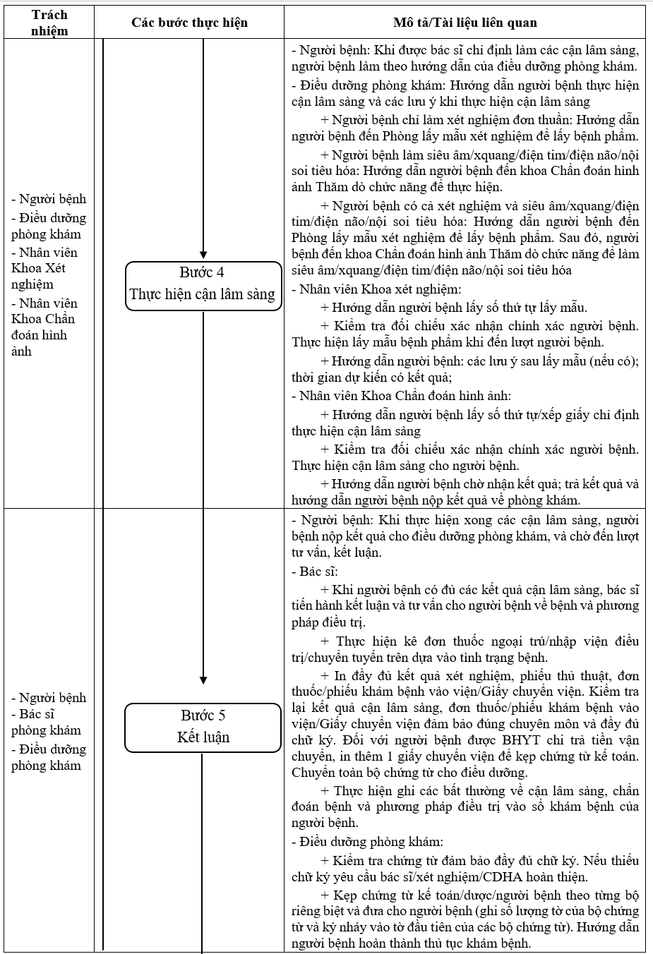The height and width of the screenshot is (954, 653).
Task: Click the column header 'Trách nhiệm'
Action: click(x=49, y=23)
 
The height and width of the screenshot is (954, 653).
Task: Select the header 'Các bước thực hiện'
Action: click(x=189, y=23)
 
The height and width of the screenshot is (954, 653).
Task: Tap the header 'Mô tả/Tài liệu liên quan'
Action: click(x=465, y=23)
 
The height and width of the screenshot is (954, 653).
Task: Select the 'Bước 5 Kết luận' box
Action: click(x=203, y=727)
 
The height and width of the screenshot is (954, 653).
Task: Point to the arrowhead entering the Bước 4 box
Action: click(x=203, y=255)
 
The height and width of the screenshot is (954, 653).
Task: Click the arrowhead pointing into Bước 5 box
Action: click(x=203, y=680)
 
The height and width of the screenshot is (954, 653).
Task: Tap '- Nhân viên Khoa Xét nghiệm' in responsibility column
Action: click(x=44, y=268)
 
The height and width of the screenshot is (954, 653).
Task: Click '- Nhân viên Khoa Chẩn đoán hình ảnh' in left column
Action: click(x=44, y=327)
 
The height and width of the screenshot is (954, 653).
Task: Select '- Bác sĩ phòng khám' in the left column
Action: click(x=46, y=722)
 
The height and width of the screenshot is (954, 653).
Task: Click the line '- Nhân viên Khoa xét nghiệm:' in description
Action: click(x=376, y=289)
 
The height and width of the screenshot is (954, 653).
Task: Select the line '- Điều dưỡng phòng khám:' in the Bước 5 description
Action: click(x=367, y=841)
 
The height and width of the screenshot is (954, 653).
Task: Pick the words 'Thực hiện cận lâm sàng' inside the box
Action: click(x=203, y=294)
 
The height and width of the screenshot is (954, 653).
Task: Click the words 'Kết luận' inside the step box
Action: click(x=203, y=737)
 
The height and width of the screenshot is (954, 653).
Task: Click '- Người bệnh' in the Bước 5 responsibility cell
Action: click(x=48, y=698)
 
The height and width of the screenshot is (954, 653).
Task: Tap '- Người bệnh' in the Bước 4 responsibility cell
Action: click(x=48, y=199)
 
